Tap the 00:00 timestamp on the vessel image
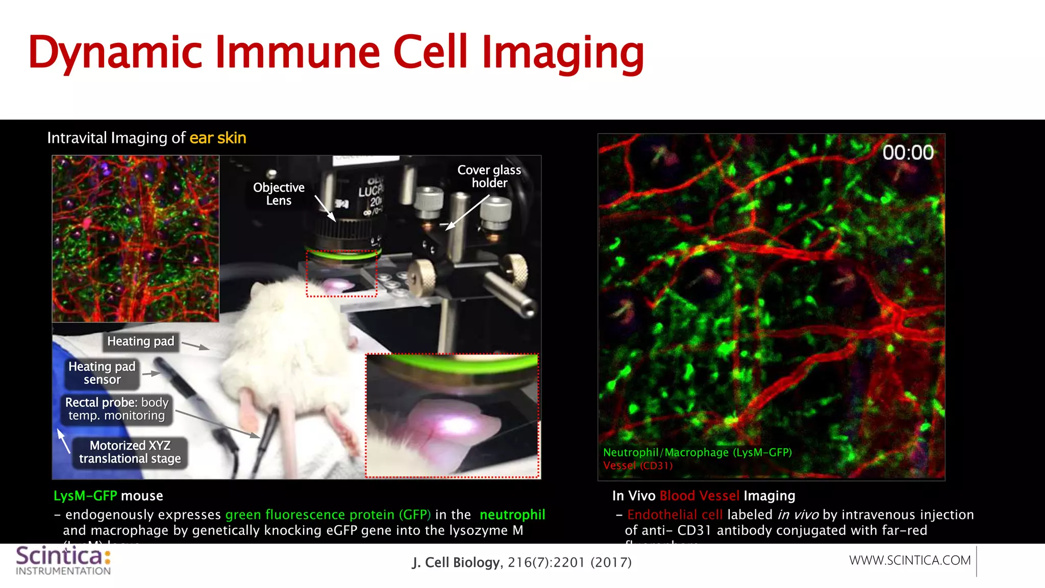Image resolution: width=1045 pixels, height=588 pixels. point(908,153)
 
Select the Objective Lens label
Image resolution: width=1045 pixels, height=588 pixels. point(279,194)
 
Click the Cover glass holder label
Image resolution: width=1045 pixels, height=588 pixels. point(489,176)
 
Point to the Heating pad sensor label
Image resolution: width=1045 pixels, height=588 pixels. point(102,373)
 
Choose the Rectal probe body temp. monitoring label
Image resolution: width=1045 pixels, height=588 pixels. point(117,409)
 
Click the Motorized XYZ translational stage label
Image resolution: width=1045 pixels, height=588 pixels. point(130,452)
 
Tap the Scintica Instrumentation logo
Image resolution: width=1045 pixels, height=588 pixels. point(63,560)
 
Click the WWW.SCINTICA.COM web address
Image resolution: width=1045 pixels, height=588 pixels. point(910,560)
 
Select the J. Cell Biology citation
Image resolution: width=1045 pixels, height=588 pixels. point(521,562)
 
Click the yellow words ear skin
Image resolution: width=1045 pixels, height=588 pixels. point(218,138)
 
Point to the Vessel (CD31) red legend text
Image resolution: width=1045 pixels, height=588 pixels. point(638,465)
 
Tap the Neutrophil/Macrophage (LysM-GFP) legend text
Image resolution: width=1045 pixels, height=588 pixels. point(697,452)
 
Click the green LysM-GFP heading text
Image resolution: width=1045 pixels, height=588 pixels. point(85,496)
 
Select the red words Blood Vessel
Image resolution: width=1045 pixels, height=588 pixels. point(699,496)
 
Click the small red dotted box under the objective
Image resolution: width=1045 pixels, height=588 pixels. point(341,274)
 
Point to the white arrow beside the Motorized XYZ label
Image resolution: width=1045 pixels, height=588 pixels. point(63,440)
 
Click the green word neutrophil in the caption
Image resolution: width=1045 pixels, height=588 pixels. point(512,514)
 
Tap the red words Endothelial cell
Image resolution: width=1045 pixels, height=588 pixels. point(675,514)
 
